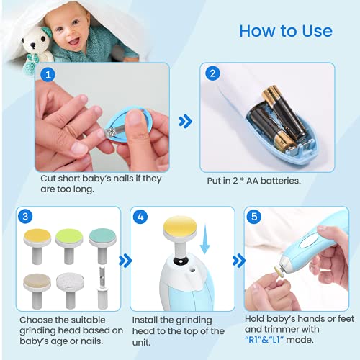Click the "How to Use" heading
(x=285, y=31)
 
